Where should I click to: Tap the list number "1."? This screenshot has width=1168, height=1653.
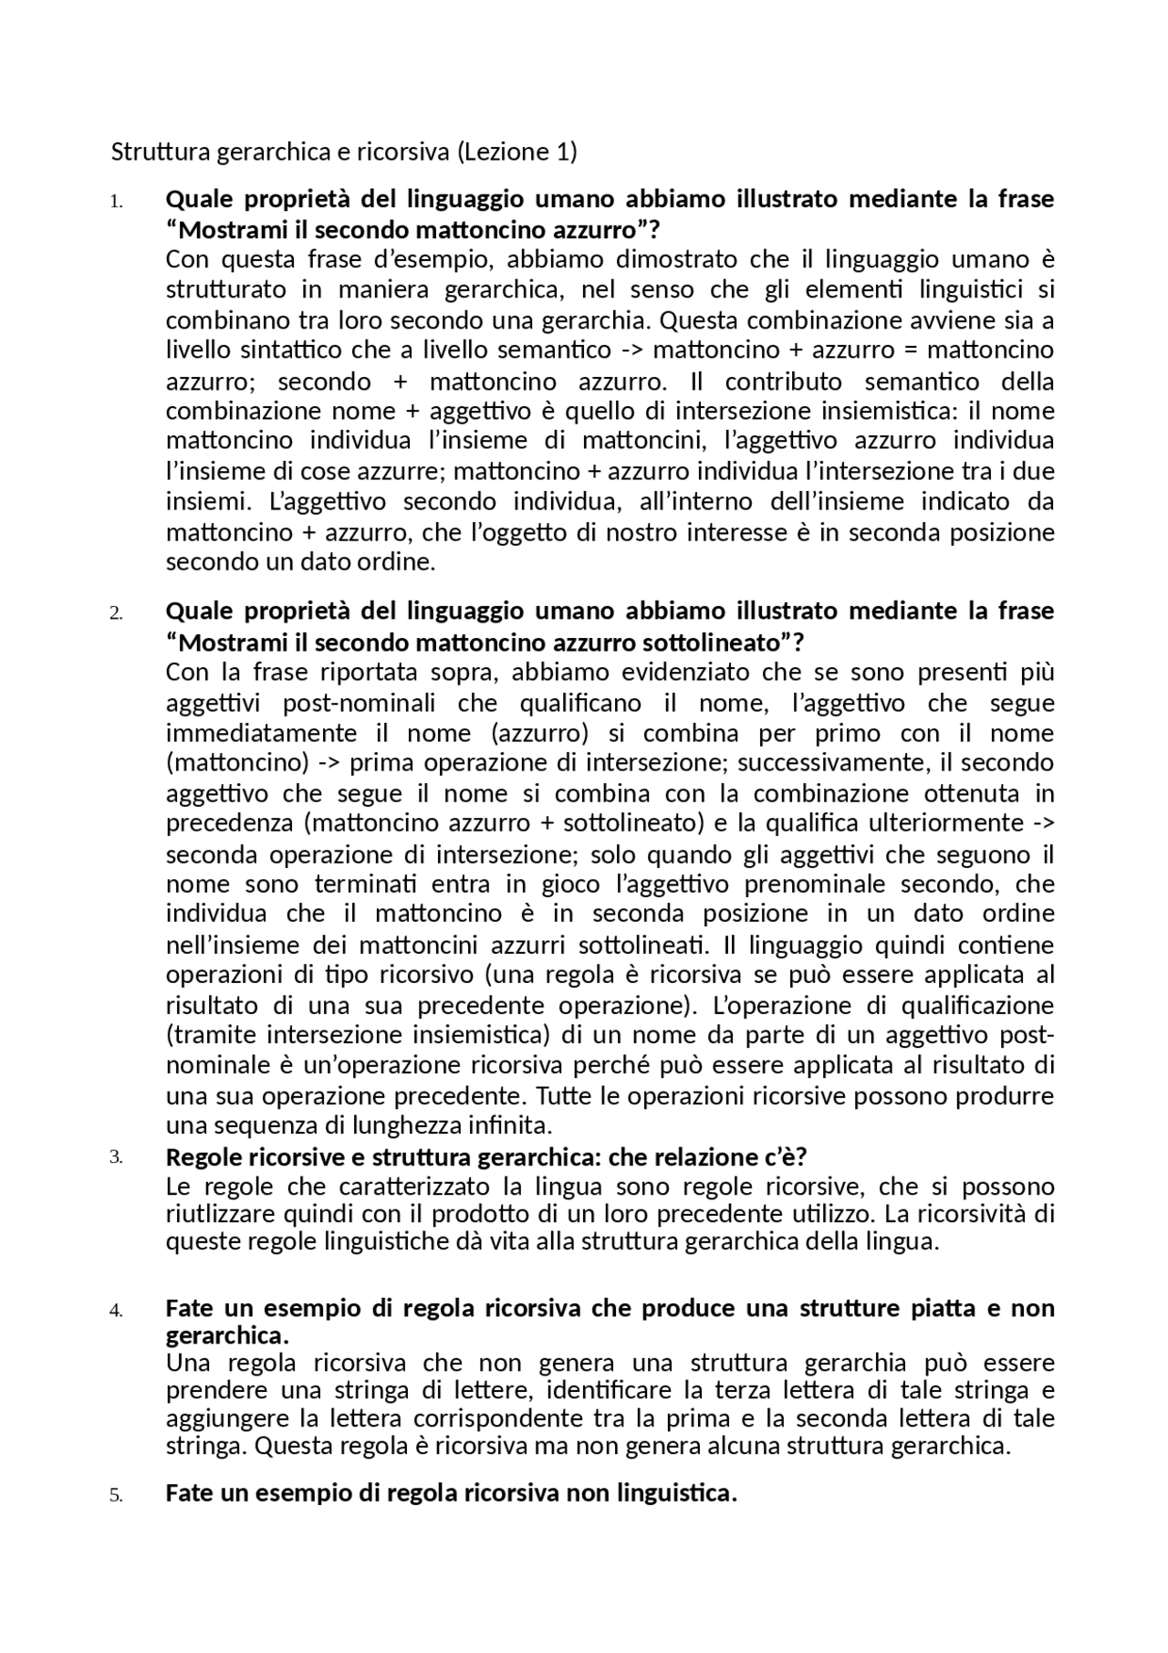pos(116,202)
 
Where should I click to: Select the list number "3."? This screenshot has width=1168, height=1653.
pos(116,1157)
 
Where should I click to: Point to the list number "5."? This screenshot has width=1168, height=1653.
pos(116,1496)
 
